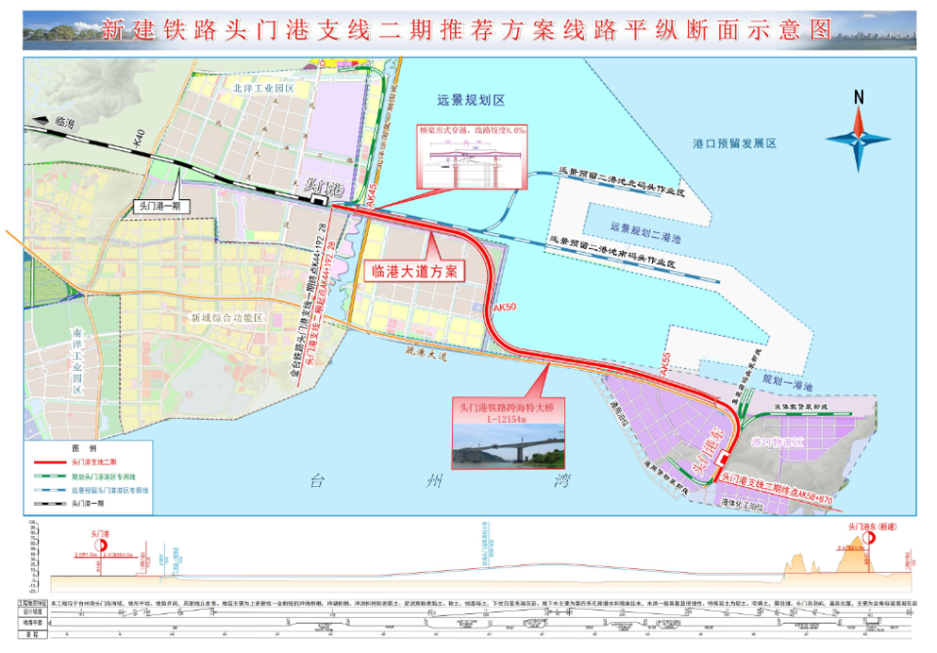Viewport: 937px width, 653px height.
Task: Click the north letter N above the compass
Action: [x=858, y=97]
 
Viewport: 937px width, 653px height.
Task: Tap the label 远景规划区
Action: [x=470, y=101]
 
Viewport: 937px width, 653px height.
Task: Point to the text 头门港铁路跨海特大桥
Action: [x=508, y=406]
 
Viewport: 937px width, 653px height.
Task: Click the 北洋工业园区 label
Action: [x=263, y=88]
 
